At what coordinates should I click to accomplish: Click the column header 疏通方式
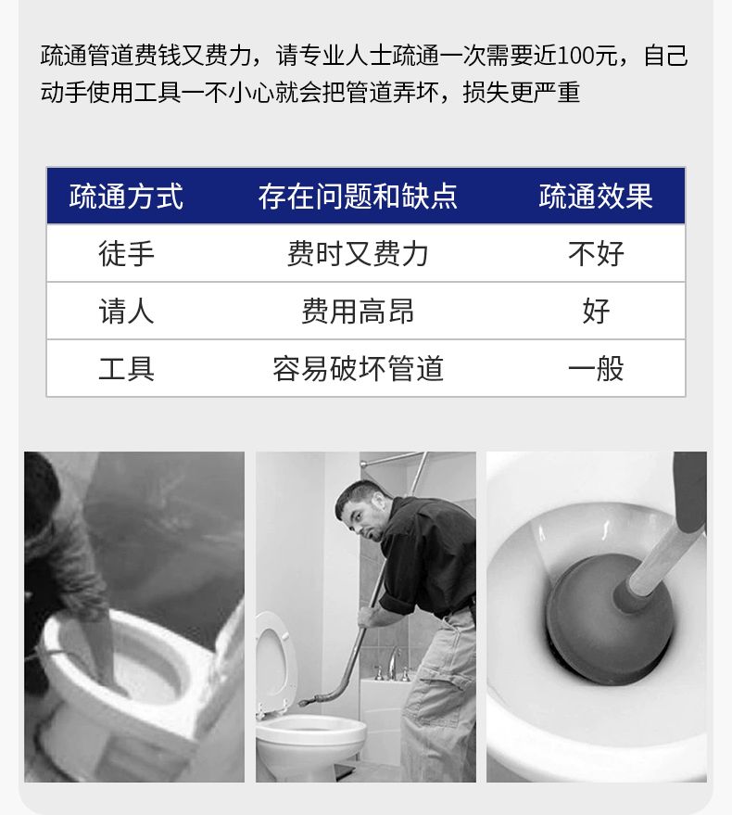pos(126,197)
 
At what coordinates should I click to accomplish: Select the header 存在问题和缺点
pos(358,197)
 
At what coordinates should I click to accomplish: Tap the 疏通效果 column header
pos(596,197)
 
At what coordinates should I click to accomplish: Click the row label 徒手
pos(126,254)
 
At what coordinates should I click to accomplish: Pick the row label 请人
pos(126,312)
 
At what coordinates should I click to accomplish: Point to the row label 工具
pos(126,368)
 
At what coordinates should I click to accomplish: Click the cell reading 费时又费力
pos(358,254)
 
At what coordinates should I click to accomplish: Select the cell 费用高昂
pos(358,312)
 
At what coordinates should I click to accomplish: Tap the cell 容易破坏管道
pos(358,368)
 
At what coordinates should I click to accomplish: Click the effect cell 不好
pos(596,254)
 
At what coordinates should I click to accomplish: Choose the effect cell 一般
pos(596,368)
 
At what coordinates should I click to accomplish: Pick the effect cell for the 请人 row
pos(596,312)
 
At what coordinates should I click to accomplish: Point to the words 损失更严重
pos(521,93)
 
